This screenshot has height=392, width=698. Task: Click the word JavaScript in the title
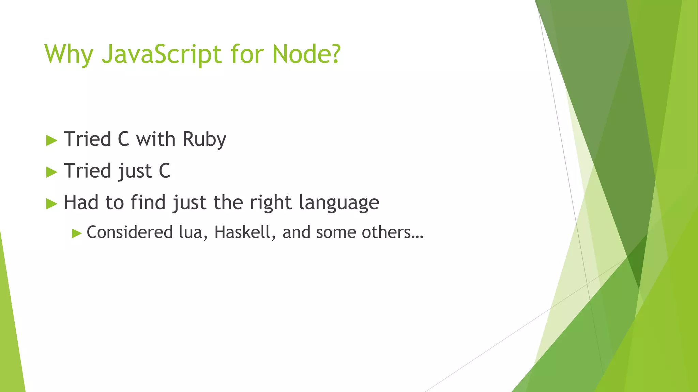[x=162, y=54]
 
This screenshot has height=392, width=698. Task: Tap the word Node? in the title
[x=306, y=54]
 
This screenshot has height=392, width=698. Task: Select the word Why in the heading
[x=69, y=54]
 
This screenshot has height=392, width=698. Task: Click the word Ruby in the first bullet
[x=204, y=139]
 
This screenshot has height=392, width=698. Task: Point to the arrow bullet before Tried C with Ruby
[x=51, y=140]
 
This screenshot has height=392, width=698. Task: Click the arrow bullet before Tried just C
[x=51, y=172]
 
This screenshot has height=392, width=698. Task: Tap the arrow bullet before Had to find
[x=51, y=203]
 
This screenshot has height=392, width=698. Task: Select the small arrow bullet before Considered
[x=77, y=233]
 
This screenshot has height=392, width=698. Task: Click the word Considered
[x=130, y=232]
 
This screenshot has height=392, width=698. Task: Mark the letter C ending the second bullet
[x=164, y=171]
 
